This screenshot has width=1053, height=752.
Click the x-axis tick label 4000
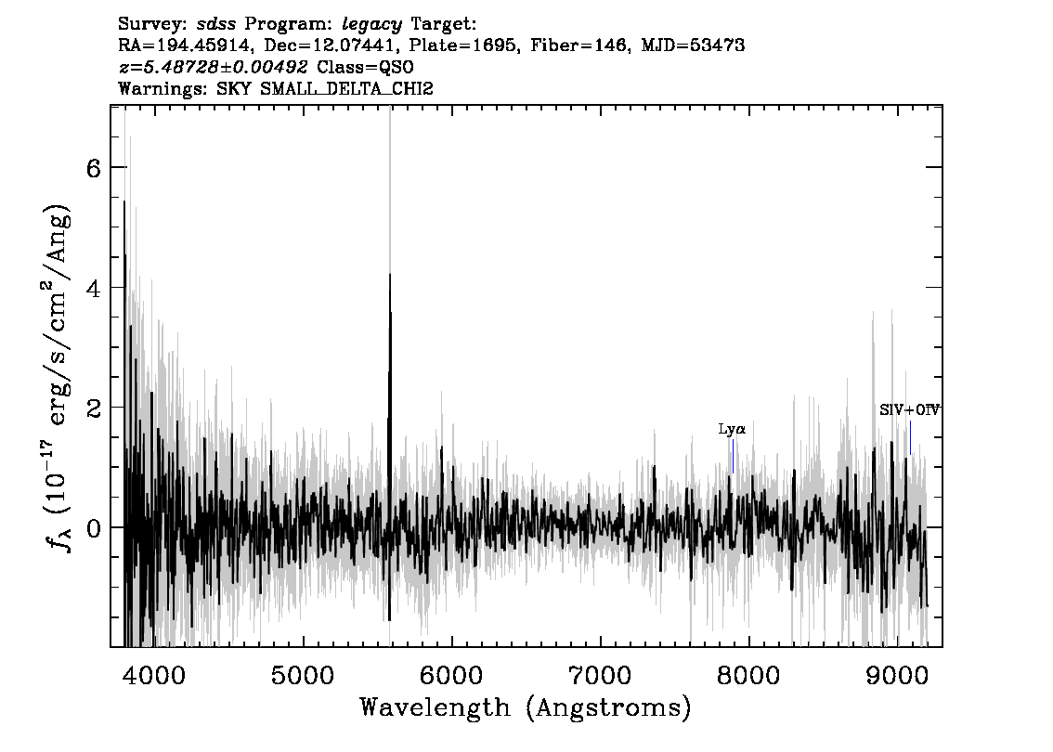(x=154, y=676)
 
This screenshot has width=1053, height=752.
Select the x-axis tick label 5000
(x=303, y=676)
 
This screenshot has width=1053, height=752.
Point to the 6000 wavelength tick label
(x=451, y=676)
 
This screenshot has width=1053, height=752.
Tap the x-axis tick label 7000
(x=600, y=676)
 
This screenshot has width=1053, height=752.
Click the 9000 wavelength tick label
(x=896, y=676)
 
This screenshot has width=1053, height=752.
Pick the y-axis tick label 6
(x=94, y=168)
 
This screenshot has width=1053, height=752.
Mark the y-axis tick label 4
(x=94, y=289)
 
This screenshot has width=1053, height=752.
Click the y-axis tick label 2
(x=94, y=408)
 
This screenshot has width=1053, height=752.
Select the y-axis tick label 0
(x=94, y=528)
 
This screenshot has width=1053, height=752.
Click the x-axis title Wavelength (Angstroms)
(x=526, y=707)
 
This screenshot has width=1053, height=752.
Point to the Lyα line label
(x=732, y=429)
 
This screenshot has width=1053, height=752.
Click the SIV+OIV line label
(x=909, y=409)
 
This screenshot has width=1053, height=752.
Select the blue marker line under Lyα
(x=734, y=456)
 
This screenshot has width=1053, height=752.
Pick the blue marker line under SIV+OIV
(x=911, y=438)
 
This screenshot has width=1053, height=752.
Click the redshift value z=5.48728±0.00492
(x=214, y=67)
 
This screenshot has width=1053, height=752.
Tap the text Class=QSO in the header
(x=365, y=67)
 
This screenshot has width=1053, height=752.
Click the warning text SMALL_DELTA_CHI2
(x=346, y=88)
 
